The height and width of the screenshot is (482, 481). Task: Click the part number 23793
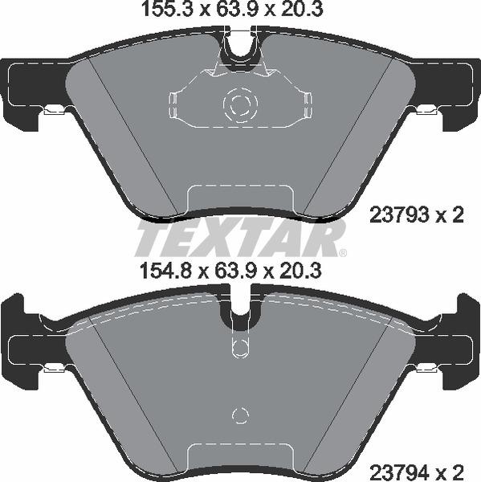[x=399, y=214]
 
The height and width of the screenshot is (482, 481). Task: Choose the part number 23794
[x=399, y=469]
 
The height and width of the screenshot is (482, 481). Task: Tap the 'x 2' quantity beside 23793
[x=450, y=214]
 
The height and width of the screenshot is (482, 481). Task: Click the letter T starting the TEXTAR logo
[x=151, y=239]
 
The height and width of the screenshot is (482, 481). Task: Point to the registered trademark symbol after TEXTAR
[x=342, y=253]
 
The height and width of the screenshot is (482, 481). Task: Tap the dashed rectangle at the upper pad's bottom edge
[x=239, y=198]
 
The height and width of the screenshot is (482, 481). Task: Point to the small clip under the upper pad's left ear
[x=55, y=112]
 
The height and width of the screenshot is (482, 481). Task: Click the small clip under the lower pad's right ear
[x=426, y=368]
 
